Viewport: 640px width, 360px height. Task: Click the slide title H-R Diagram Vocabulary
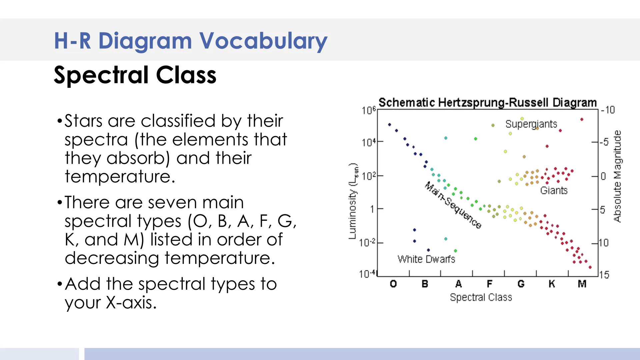coord(191,41)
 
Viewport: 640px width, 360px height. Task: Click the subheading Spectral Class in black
coord(135,75)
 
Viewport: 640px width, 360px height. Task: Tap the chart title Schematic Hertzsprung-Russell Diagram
coord(488,103)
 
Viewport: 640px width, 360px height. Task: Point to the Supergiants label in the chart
coord(531,124)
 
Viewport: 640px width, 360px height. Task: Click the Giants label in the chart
coord(554,190)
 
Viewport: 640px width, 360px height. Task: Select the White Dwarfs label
coord(426,259)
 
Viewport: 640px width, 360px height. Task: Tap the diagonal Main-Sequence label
coord(453,205)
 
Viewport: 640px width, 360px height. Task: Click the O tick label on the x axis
coord(393,284)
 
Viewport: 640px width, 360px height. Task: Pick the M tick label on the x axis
coord(582,284)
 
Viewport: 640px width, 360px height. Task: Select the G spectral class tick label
coord(521,284)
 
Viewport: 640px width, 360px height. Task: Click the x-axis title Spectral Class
coord(481,297)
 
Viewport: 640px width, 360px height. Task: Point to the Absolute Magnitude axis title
coord(617,176)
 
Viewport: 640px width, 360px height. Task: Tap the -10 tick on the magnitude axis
coord(608,110)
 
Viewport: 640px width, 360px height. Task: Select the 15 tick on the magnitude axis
coord(604,275)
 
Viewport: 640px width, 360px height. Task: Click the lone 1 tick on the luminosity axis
coord(372,209)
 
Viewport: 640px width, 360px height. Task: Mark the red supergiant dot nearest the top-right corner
coord(582,119)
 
